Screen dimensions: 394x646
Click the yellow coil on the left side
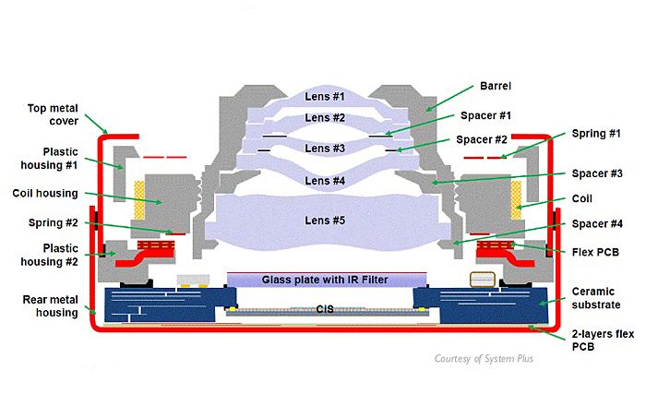click(140, 197)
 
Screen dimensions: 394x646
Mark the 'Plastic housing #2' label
click(44, 255)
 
